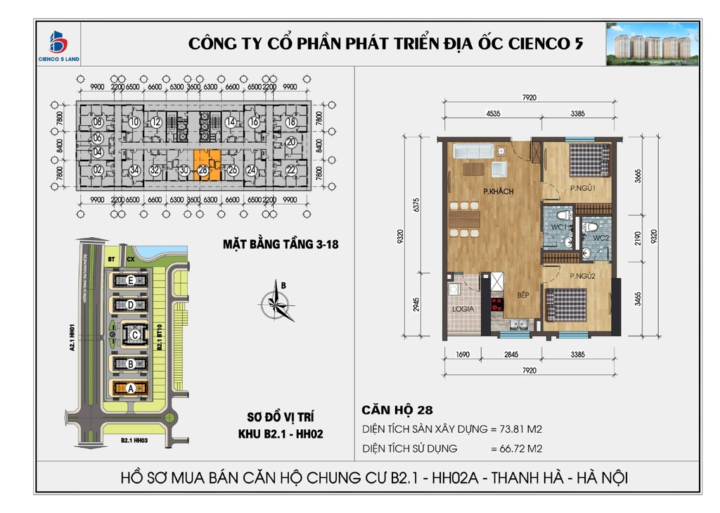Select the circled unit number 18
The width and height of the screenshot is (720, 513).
[x=290, y=122]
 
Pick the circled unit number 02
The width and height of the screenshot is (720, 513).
[x=98, y=170]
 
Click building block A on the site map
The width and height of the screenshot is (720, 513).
[x=131, y=387]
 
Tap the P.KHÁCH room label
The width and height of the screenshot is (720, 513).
[x=498, y=191]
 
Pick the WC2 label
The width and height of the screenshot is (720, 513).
[x=600, y=238]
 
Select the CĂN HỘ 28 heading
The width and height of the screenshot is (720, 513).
[x=397, y=410]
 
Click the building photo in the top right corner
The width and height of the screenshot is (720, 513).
[x=652, y=44]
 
